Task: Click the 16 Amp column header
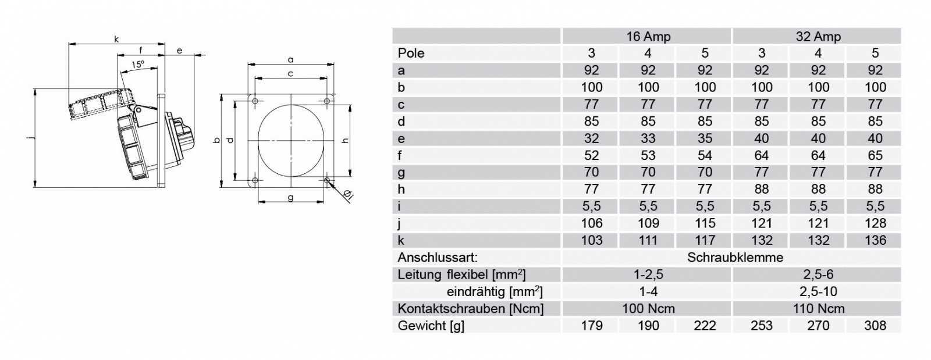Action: coord(648,37)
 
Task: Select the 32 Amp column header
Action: coord(818,37)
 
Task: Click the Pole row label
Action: coord(411,53)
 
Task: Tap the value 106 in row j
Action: coord(591,223)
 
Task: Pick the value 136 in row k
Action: coord(875,240)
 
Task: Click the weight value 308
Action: coord(875,326)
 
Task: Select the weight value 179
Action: coord(591,326)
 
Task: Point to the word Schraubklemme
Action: coord(735,258)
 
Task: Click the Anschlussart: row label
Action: coord(438,258)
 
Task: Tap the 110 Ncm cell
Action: coord(818,308)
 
